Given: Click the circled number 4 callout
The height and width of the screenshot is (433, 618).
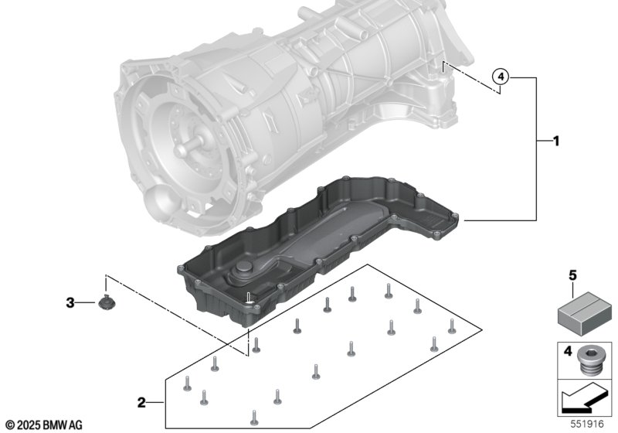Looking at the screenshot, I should click(x=501, y=77).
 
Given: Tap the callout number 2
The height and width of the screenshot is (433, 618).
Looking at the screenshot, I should click(x=141, y=402).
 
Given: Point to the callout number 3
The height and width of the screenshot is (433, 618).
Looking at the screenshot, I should click(x=70, y=303).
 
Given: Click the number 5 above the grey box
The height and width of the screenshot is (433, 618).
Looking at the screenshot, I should click(x=572, y=274).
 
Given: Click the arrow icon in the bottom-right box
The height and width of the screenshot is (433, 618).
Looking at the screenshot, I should click(x=583, y=402).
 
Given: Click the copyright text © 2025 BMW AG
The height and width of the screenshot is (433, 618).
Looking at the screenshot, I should click(x=43, y=425).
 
